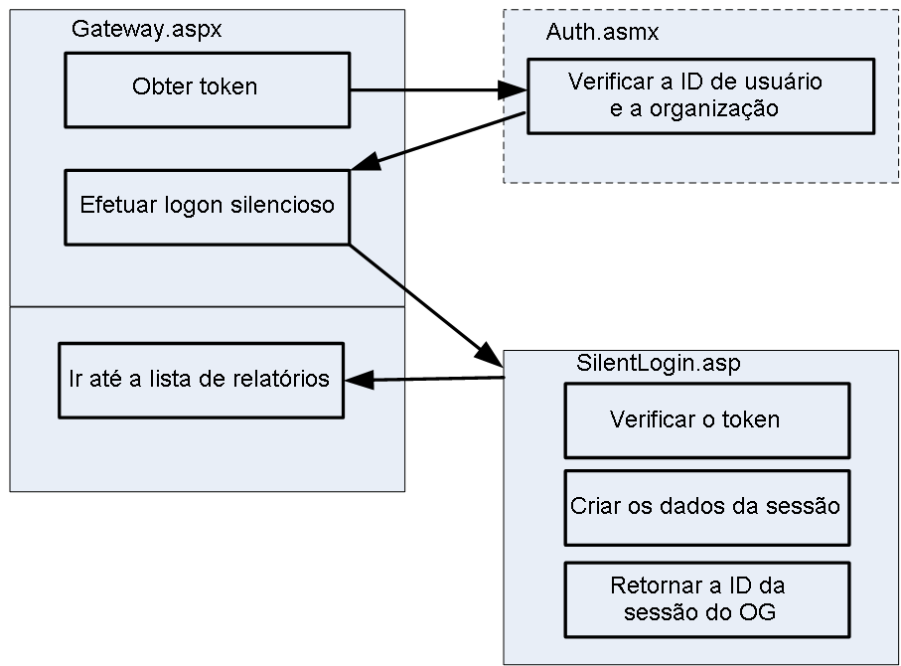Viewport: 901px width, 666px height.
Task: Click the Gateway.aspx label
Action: tap(146, 30)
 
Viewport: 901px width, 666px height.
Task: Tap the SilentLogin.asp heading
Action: tap(658, 363)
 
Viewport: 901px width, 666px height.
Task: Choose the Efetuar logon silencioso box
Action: tap(207, 207)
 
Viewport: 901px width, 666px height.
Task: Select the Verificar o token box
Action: tap(707, 419)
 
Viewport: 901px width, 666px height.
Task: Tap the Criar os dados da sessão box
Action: tap(707, 506)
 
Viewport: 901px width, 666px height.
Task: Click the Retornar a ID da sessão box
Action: tap(707, 599)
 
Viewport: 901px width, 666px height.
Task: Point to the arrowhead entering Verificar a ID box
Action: tap(515, 91)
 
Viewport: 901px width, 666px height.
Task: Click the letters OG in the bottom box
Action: tap(756, 612)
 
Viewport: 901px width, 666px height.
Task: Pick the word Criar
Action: tap(592, 506)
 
